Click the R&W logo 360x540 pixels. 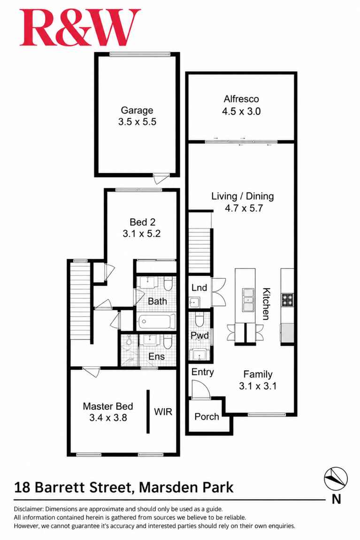coord(80,28)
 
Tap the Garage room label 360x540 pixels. coord(137,110)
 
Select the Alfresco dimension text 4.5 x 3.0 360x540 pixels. coord(241,111)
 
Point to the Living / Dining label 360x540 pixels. coord(243,196)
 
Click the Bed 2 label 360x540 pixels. coord(142,222)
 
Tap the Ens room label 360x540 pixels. coord(157,356)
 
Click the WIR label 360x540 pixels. coord(163,411)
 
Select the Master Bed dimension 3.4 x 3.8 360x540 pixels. coord(108,418)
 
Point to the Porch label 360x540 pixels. coord(207,417)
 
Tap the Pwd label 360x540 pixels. coord(199,335)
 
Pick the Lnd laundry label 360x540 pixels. coord(199,287)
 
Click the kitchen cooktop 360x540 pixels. coord(287,300)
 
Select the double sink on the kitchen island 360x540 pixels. coord(248,300)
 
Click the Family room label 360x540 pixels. coord(258,374)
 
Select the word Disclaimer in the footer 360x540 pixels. coord(29,509)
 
